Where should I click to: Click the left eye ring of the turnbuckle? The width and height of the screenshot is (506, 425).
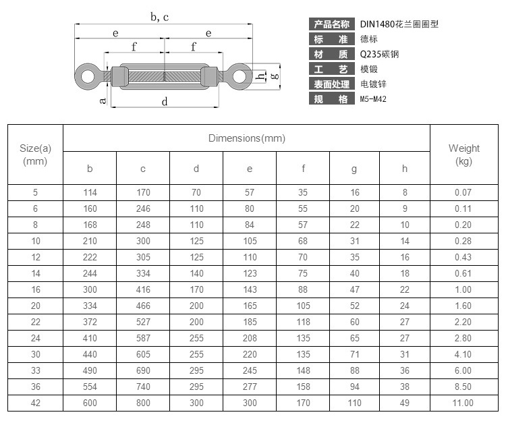(80, 77)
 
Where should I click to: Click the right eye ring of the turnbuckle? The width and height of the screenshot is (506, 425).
(247, 77)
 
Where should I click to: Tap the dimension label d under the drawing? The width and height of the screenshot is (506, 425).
(164, 102)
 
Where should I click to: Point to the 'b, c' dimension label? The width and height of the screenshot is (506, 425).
(160, 17)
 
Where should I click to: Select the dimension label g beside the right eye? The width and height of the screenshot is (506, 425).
(275, 76)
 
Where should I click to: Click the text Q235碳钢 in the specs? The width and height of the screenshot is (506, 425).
(379, 54)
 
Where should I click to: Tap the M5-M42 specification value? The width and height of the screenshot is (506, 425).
(373, 98)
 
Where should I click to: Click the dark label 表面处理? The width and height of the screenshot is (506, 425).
(332, 84)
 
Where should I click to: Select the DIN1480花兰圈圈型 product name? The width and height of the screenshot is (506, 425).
(399, 24)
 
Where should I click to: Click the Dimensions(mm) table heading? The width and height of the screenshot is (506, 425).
(247, 138)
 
